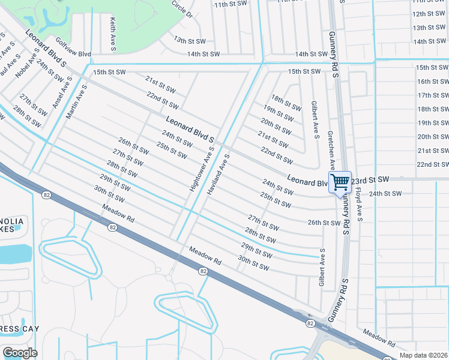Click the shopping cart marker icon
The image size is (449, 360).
point(340,182)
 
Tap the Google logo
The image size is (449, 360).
point(20,353)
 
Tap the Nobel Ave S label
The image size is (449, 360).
point(27,67)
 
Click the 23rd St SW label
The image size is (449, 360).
point(370,179)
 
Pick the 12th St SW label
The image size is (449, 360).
point(429,13)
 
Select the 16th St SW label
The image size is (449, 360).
point(433,82)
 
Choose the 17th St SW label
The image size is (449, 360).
point(433,95)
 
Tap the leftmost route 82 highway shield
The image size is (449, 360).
point(46,195)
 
